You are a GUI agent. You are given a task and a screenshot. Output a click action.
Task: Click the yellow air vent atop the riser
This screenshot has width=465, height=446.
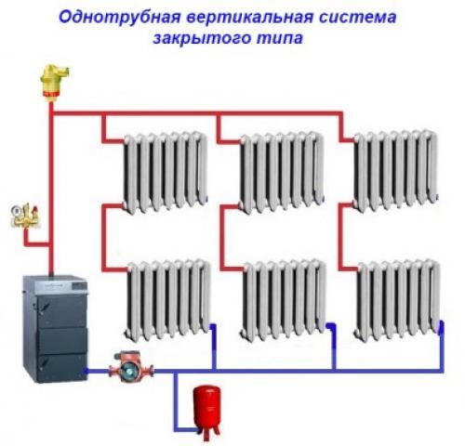pyautogui.click(x=48, y=81)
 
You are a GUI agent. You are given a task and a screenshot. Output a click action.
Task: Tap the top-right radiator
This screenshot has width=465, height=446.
pyautogui.click(x=394, y=171)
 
